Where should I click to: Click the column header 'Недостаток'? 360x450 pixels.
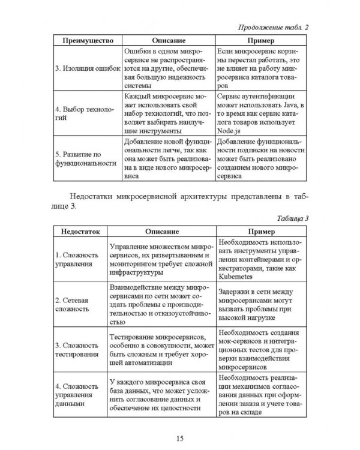click(78, 231)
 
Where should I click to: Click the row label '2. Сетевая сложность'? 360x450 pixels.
click(74, 304)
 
